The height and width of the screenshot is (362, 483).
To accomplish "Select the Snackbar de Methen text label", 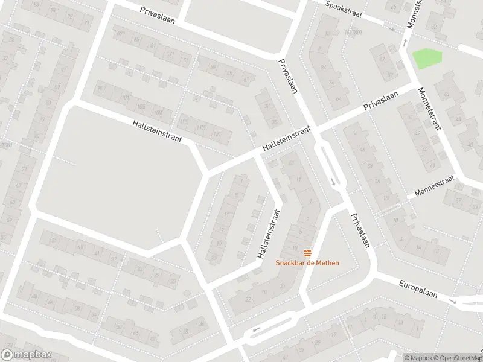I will [x=307, y=263].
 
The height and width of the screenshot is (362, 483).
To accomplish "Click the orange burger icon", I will [x=308, y=252].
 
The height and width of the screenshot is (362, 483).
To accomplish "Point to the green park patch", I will [x=427, y=59].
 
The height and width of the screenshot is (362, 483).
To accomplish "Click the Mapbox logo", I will [x=27, y=355].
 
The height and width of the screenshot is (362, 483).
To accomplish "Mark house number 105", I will [x=141, y=107].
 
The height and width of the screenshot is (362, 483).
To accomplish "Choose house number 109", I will [x=159, y=113].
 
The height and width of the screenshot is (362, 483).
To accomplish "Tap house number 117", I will [x=202, y=128].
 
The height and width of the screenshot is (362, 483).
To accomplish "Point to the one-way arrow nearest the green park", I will [x=405, y=43].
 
